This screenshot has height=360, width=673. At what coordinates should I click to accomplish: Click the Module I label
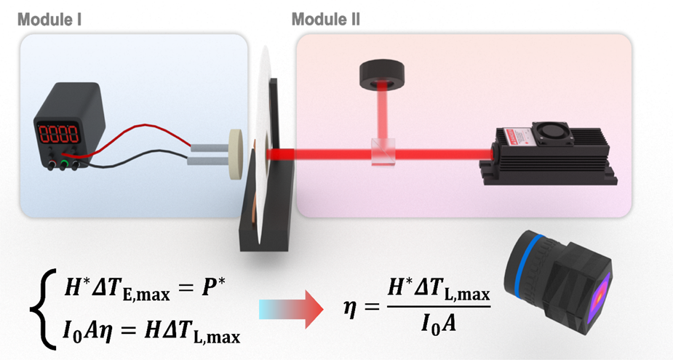(x=49, y=19)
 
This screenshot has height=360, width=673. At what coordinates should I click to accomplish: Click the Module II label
(x=325, y=19)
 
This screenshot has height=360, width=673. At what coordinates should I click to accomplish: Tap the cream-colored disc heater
(x=236, y=154)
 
